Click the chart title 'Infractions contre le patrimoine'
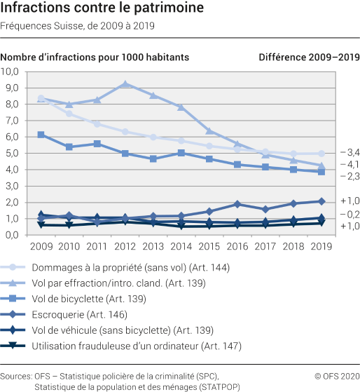103,9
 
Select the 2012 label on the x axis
125,246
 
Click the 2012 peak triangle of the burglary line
125,84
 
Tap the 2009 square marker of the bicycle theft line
41,135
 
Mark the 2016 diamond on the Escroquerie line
237,204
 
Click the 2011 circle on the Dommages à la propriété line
97,123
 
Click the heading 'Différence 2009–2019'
308,57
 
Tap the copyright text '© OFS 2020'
335,377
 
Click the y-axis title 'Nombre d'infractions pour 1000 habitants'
95,57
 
